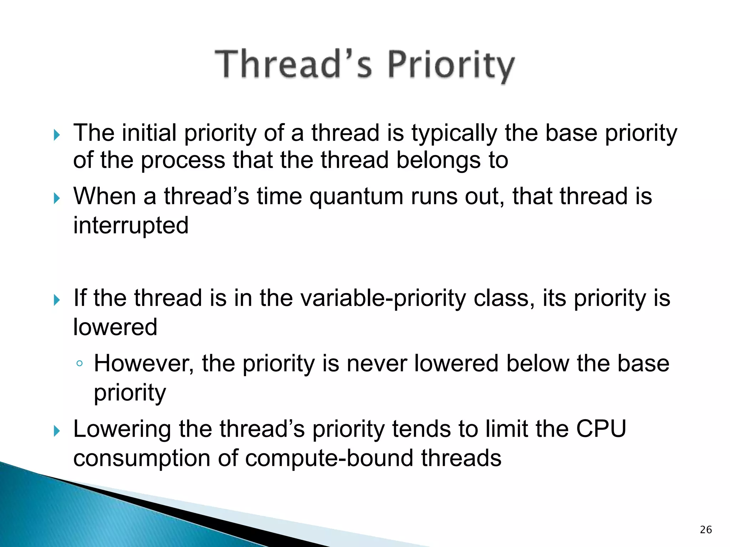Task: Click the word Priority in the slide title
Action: coord(451,66)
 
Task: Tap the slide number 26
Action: coord(705,530)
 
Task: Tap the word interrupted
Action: coord(131,226)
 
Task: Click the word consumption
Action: coord(142,459)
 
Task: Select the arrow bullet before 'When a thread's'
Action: coord(57,198)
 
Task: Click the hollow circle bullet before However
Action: coord(79,364)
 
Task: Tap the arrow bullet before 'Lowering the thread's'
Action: coord(57,431)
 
